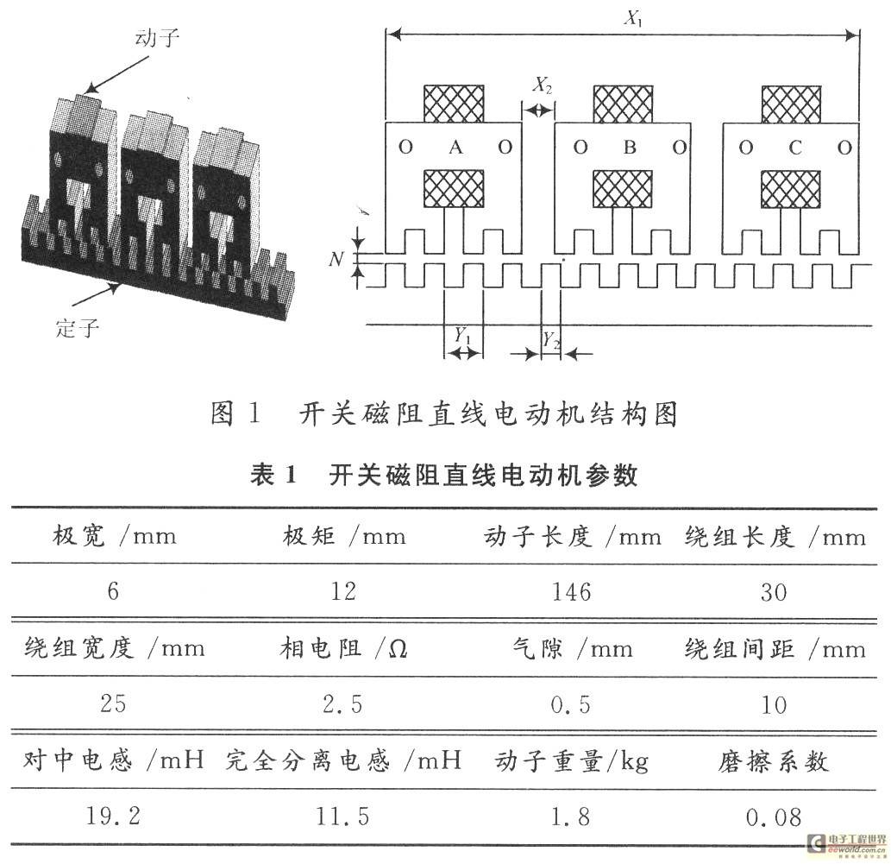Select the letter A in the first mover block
[455, 148]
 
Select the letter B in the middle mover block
[630, 148]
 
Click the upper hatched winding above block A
[455, 104]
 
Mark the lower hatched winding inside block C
[791, 189]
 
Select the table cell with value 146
[573, 591]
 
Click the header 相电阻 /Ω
[343, 649]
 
